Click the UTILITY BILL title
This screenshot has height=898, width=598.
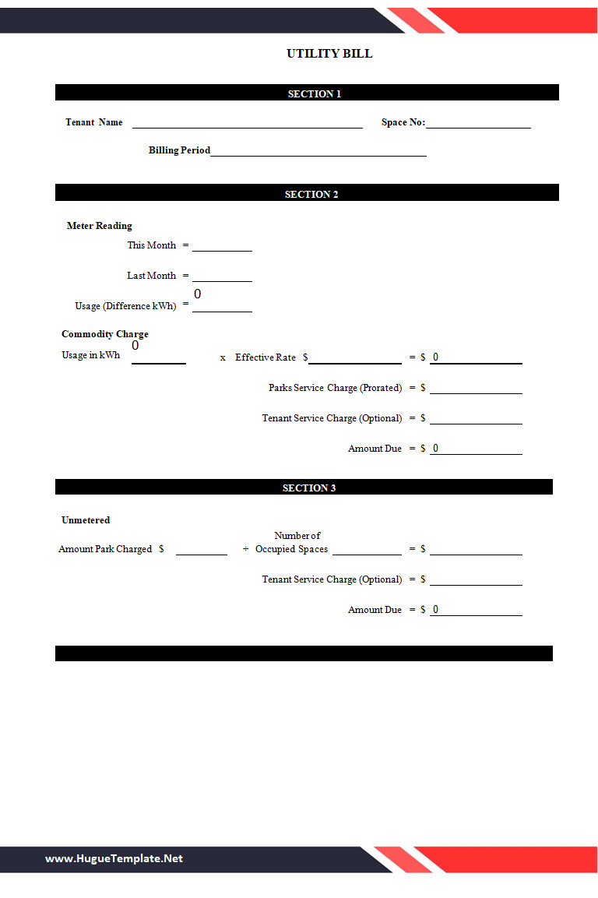329,54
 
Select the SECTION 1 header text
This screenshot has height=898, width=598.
315,93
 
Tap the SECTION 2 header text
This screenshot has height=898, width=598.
311,194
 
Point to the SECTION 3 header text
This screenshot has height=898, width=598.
309,488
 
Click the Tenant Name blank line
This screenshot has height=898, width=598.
247,123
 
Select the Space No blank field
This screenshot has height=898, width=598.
478,123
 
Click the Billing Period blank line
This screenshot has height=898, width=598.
318,151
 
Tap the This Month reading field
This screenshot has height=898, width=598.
222,246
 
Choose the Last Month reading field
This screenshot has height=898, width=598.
222,276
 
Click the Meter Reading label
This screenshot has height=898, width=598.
100,226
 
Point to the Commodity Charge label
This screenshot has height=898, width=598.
105,334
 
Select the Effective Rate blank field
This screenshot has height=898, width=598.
355,358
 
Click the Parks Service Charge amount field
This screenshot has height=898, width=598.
476,389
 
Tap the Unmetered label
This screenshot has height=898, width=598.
86,519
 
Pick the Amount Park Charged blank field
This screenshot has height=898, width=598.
201,550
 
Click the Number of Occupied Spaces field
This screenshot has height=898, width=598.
367,550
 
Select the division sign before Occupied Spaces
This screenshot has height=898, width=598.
245,549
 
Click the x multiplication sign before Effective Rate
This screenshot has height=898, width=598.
223,358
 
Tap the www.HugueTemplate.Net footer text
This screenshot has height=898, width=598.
114,858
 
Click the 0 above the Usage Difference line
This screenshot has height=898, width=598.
198,294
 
